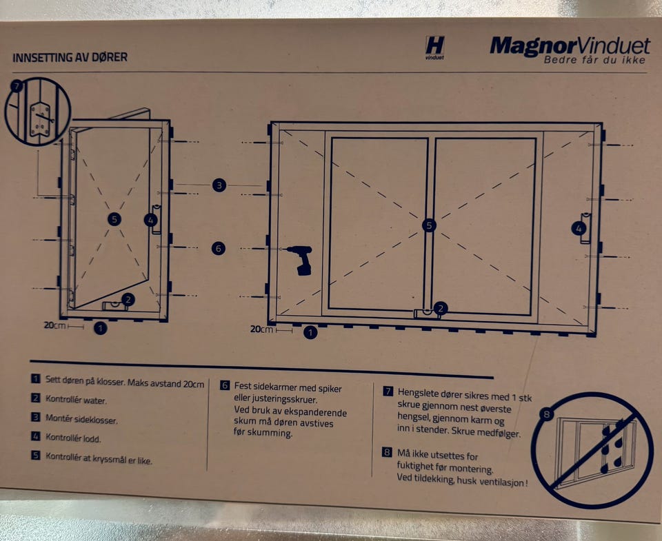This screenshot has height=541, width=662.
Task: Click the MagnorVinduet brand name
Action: tap(570, 45)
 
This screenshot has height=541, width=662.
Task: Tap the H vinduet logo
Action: tap(435, 48)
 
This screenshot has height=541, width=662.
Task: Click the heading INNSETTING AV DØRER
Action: tap(70, 57)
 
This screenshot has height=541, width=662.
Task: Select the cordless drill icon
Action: tap(301, 260)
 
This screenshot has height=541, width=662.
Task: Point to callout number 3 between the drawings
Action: tap(219, 185)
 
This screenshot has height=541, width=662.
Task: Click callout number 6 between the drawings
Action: tap(219, 249)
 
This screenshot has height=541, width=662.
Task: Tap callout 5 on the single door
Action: tap(114, 219)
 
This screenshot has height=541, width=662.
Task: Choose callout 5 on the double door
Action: tap(429, 225)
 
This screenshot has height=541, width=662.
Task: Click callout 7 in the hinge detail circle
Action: tap(17, 87)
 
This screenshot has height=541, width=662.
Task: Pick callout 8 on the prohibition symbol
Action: tap(547, 414)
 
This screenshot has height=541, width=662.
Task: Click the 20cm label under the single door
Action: tap(54, 325)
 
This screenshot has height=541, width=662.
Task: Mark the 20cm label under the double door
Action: tap(261, 329)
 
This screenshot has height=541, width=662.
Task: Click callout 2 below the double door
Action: tap(441, 309)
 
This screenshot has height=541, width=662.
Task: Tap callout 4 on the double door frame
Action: tap(579, 229)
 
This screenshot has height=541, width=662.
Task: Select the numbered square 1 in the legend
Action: tap(36, 378)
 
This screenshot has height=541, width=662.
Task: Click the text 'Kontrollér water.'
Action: tap(76, 400)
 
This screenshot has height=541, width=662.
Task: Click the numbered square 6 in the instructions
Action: tap(225, 385)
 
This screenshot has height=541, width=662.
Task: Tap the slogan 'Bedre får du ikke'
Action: tap(595, 60)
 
